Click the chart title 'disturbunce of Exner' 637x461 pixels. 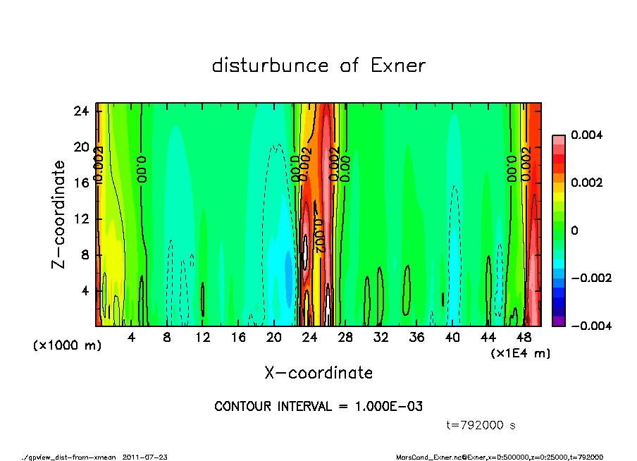pos(318,66)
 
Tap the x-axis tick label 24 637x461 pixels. pos(309,338)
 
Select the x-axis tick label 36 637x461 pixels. pos(416,338)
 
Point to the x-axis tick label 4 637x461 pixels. pos(131,338)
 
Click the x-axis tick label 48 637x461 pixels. pos(524,338)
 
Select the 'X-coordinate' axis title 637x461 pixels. pos(318,373)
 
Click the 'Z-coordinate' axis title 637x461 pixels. pos(58,214)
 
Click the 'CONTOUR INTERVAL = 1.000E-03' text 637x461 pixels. pos(318,407)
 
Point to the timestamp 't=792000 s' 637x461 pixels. pos(481,425)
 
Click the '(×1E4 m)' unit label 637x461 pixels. pos(521,352)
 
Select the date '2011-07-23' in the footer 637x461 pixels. pos(145,457)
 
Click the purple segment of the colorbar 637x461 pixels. pos(558,321)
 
